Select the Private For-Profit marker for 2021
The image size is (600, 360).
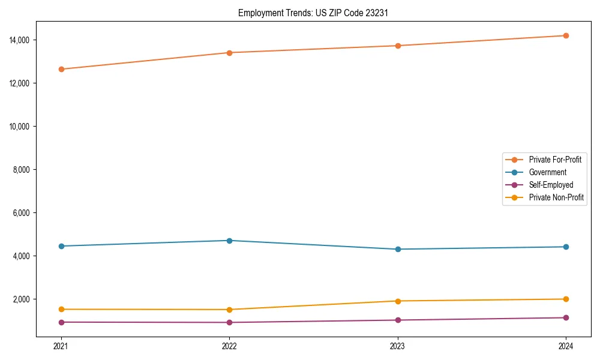click(61, 69)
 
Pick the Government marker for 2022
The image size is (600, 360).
click(229, 241)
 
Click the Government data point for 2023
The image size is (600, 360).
click(397, 249)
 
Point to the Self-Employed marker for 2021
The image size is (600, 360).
click(61, 322)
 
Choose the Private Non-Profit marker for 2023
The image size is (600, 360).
click(397, 301)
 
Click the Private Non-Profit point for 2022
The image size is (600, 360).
click(229, 310)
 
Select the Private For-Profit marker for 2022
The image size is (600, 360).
click(229, 53)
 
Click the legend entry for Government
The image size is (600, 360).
click(547, 172)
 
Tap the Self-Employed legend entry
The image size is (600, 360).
click(551, 185)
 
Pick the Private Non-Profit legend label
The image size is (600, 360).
click(556, 197)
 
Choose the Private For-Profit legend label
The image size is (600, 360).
click(555, 160)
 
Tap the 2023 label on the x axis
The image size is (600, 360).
click(397, 346)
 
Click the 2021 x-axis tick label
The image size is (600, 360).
click(61, 346)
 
